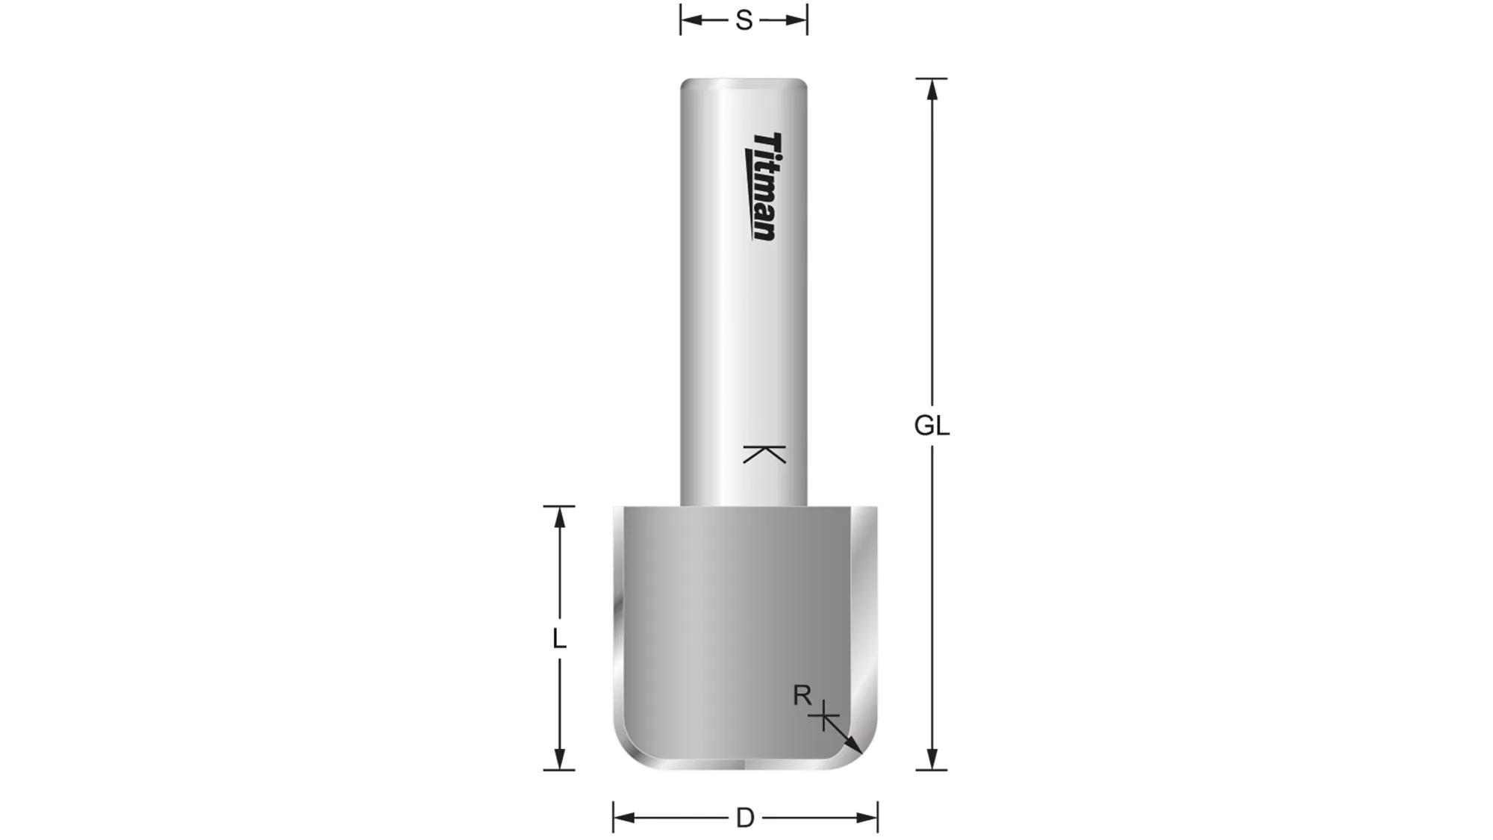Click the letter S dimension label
pyautogui.click(x=744, y=20)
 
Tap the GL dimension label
pyautogui.click(x=932, y=426)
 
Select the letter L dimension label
pyautogui.click(x=558, y=639)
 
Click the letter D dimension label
pyautogui.click(x=745, y=818)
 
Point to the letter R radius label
pyautogui.click(x=802, y=696)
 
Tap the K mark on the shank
pyautogui.click(x=764, y=454)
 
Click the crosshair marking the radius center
pyautogui.click(x=823, y=718)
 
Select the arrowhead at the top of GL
pyautogui.click(x=932, y=88)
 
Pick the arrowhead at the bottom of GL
pyautogui.click(x=932, y=760)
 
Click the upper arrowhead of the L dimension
pyautogui.click(x=559, y=516)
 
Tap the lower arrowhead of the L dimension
pyautogui.click(x=559, y=760)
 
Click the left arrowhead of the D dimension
pyautogui.click(x=623, y=818)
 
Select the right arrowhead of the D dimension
pyautogui.click(x=867, y=818)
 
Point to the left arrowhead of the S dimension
pyautogui.click(x=691, y=20)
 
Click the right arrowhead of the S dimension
pyautogui.click(x=797, y=20)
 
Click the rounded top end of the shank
pyautogui.click(x=744, y=82)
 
